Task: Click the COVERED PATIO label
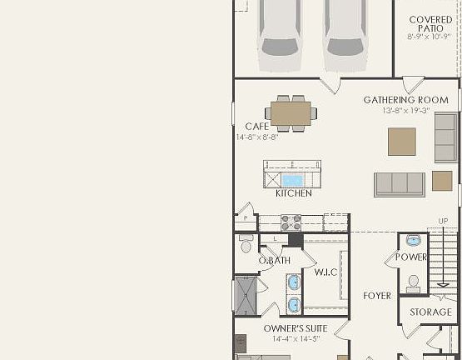[x=430, y=24]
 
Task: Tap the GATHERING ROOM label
[x=405, y=100]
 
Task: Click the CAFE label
[x=257, y=127]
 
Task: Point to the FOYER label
[x=377, y=296]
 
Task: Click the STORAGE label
[x=431, y=312]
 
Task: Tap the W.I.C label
[x=325, y=272]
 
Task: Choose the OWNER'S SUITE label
[x=296, y=328]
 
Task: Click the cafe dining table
[x=291, y=112]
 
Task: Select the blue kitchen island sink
[x=292, y=180]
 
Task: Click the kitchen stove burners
[x=291, y=222]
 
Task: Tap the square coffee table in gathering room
[x=402, y=141]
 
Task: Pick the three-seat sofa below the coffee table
[x=400, y=184]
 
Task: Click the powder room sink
[x=414, y=242]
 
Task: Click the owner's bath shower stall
[x=247, y=293]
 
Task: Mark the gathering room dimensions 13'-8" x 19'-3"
[x=405, y=111]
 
